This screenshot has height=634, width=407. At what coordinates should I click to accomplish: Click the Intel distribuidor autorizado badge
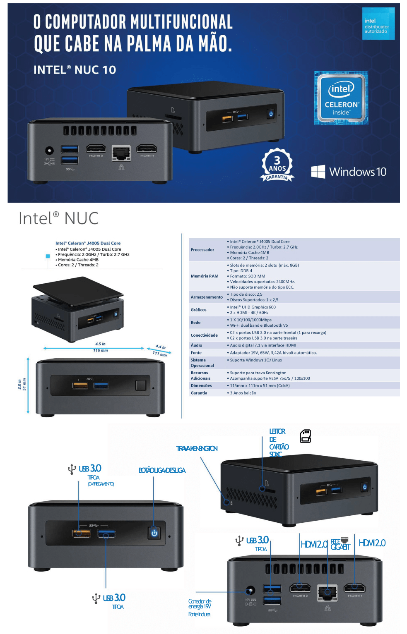(378, 24)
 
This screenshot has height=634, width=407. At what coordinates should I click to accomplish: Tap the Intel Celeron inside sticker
(341, 98)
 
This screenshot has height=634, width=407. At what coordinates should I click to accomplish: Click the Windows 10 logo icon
(318, 172)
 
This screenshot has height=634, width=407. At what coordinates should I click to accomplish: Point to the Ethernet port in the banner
(121, 153)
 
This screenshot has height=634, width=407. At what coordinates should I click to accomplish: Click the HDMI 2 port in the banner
(96, 149)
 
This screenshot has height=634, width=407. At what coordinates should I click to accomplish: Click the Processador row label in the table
(202, 250)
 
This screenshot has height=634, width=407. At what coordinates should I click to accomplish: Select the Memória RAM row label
(205, 276)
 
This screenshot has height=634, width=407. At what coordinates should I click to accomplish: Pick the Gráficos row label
(199, 310)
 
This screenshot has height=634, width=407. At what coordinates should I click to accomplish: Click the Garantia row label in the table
(199, 393)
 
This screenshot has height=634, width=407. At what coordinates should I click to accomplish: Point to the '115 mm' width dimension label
(100, 351)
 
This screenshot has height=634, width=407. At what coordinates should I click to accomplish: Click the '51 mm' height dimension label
(24, 384)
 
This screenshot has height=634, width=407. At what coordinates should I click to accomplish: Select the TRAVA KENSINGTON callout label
(197, 449)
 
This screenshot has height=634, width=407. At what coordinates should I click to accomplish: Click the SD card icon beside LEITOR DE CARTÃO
(306, 436)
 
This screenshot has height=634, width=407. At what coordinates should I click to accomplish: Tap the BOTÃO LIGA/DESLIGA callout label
(162, 470)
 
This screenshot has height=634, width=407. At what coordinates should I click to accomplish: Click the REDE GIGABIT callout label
(340, 544)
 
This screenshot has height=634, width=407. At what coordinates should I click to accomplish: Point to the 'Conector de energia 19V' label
(200, 604)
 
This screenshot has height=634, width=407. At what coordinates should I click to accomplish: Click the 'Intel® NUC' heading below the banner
(59, 218)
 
